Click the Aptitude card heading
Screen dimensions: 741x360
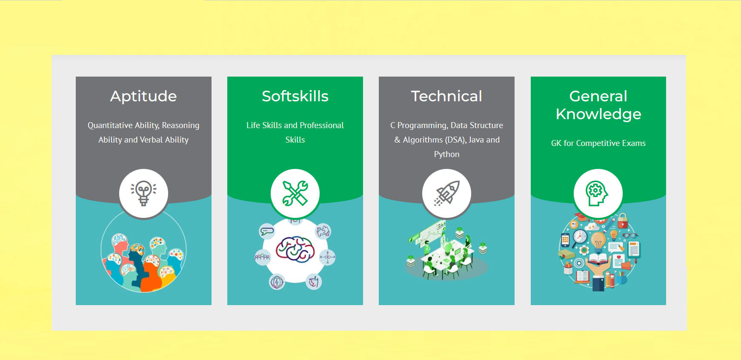click(143, 97)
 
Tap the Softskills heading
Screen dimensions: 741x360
click(295, 96)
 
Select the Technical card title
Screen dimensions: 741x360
click(446, 96)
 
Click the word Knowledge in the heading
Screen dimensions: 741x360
click(598, 114)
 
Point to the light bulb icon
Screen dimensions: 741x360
click(143, 194)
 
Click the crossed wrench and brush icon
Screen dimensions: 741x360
click(295, 193)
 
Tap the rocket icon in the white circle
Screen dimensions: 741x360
click(446, 193)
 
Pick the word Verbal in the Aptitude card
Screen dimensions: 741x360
click(151, 140)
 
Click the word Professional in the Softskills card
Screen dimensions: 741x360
click(322, 125)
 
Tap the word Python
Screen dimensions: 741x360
click(446, 154)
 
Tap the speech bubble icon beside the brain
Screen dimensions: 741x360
click(267, 231)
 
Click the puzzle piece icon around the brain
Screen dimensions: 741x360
click(323, 231)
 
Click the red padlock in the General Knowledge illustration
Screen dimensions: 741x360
click(622, 221)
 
